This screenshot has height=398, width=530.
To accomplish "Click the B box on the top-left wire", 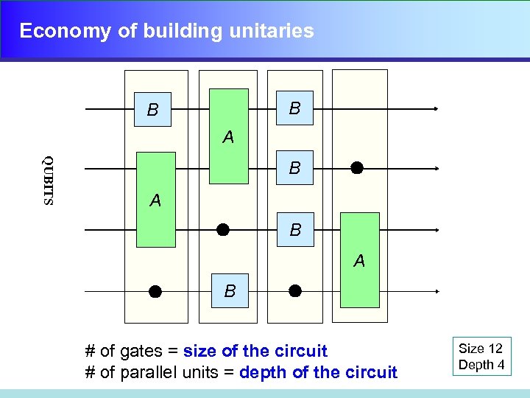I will [152, 110].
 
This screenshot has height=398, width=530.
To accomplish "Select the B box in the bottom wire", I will [230, 291].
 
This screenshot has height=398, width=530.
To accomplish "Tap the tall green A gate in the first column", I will [156, 199].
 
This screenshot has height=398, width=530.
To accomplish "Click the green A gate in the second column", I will [229, 136].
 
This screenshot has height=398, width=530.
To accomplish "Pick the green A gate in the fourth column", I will [359, 259].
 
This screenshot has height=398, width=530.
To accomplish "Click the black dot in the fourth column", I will [357, 168].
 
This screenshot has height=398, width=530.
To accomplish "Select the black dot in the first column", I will [155, 291].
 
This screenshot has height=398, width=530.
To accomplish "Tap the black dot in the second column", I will [223, 230].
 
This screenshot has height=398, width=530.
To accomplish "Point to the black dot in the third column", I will [295, 290].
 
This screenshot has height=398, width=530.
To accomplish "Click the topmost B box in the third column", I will [294, 108].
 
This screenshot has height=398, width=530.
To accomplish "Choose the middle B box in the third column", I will [294, 168].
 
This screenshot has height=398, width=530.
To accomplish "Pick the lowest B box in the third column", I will [294, 230].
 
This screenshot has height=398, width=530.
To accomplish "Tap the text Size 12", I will [480, 349].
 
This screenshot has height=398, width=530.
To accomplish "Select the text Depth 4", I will [481, 365].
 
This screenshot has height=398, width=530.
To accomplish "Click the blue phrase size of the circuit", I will [255, 351].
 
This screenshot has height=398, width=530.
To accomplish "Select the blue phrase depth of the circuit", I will [318, 372].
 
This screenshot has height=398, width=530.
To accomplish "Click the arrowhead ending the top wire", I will [436, 109].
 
